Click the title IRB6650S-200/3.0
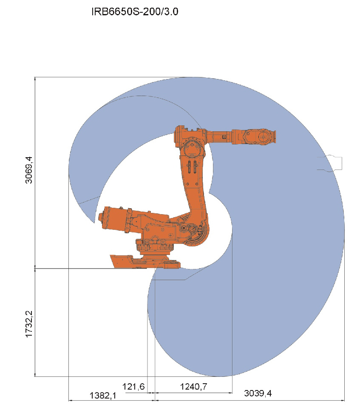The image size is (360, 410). (x=135, y=12)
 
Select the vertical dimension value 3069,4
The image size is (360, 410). (x=29, y=170)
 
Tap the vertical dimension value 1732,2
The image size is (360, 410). (x=29, y=324)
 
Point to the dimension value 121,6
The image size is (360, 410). (x=133, y=386)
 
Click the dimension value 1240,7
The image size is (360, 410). (x=194, y=386)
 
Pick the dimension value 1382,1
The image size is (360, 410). (x=103, y=396)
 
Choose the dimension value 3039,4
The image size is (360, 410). (x=258, y=393)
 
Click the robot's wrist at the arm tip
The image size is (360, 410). (x=260, y=136)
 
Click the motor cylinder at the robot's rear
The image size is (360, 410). (x=115, y=219)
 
